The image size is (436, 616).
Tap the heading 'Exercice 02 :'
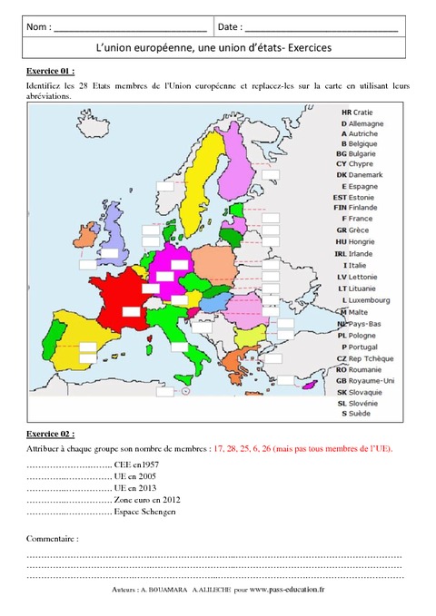click(x=51, y=434)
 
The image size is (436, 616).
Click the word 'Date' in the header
click(x=230, y=28)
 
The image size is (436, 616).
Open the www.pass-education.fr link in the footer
click(x=295, y=589)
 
